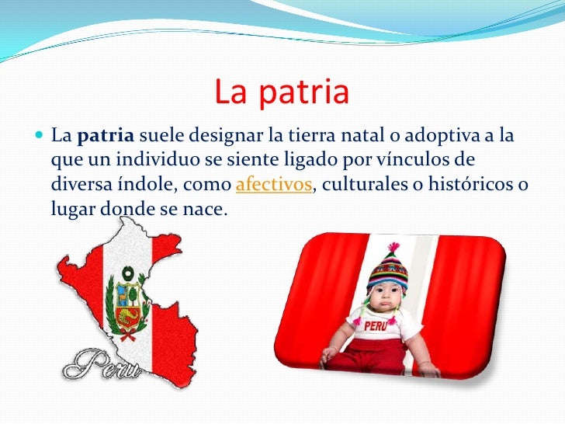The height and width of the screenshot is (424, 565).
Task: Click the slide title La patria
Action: pyautogui.click(x=282, y=92)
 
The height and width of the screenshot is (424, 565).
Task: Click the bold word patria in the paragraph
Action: pyautogui.click(x=106, y=138)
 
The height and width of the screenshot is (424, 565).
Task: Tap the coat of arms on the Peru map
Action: pyautogui.click(x=127, y=299)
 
